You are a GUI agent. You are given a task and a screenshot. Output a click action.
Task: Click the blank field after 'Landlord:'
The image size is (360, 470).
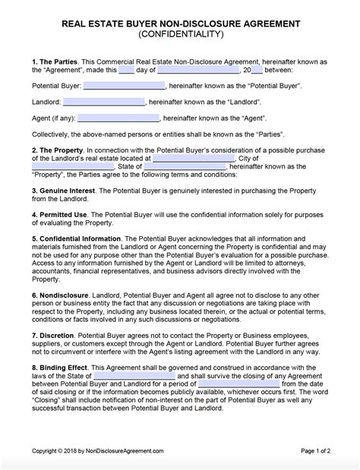tap(103, 102)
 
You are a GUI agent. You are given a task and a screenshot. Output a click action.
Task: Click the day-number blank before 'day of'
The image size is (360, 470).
tap(126, 69)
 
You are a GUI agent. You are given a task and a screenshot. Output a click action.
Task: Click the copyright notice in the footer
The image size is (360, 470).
tap(98, 450)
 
